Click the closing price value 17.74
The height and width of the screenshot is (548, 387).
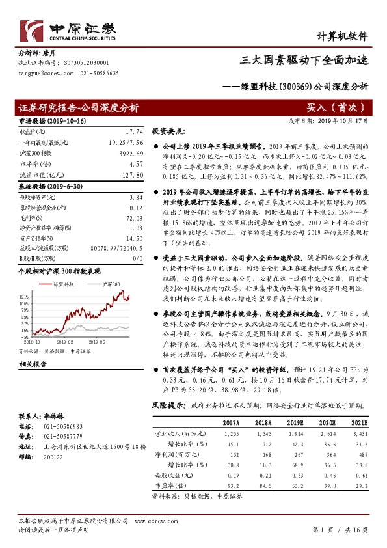tap(135, 131)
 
